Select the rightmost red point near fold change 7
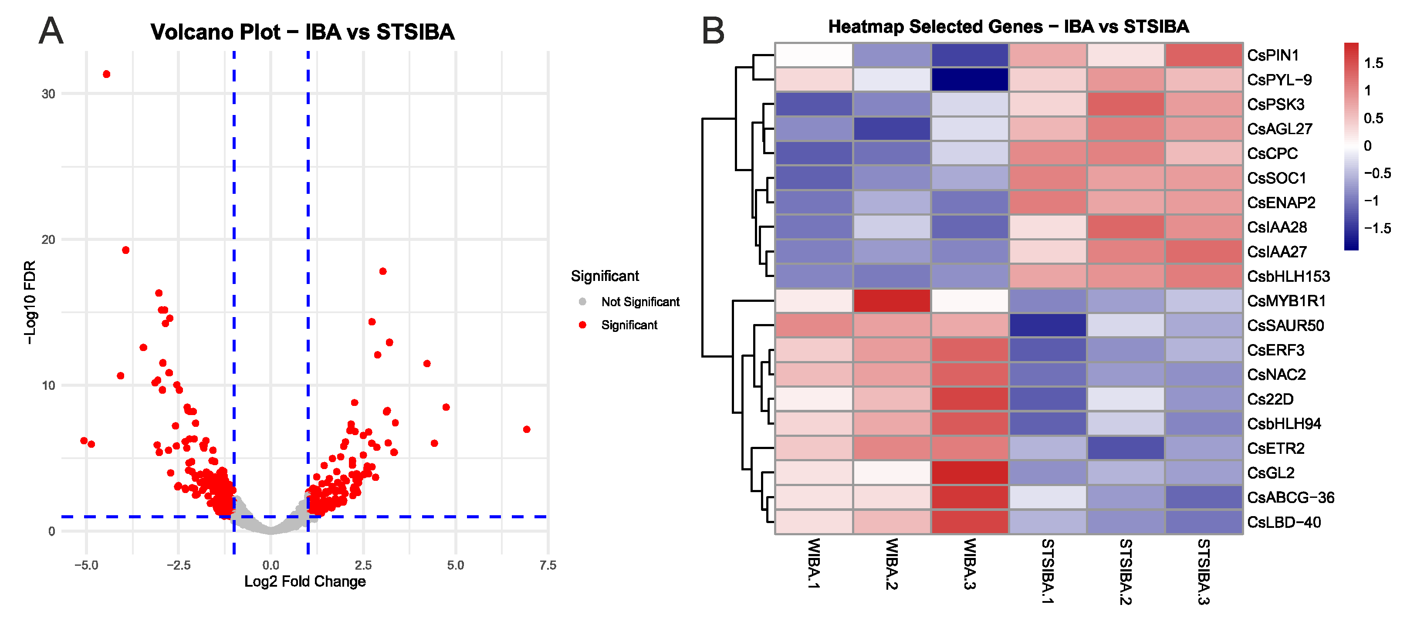tap(527, 429)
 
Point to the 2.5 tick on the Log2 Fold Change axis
tap(363, 565)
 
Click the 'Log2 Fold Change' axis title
tap(305, 581)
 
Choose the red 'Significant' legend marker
tap(582, 325)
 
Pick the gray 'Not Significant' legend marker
tap(582, 301)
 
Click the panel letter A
tap(51, 30)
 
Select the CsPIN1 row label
tap(1273, 55)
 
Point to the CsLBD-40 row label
tap(1284, 522)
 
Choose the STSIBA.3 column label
tap(1204, 572)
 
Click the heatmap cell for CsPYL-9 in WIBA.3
tap(970, 80)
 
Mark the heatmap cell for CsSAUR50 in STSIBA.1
tap(1048, 326)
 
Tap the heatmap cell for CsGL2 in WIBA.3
tap(970, 473)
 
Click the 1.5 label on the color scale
tap(1374, 64)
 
